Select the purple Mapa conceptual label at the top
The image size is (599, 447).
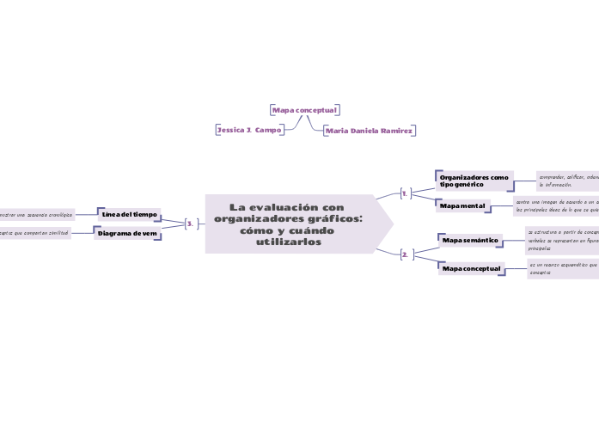[x=304, y=110]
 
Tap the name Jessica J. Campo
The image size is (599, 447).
[x=250, y=129]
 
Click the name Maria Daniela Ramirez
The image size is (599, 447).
[x=369, y=131]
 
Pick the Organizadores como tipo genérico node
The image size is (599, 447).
[x=474, y=181]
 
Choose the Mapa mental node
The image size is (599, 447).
[x=462, y=206]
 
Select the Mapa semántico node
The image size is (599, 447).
[x=469, y=240]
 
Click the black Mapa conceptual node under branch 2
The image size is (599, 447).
[x=470, y=269]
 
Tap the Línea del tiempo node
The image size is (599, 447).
[x=130, y=213]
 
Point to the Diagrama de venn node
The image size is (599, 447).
[x=127, y=233]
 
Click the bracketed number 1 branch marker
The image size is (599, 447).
[x=405, y=193]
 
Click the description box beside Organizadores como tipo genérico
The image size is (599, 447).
[x=567, y=181]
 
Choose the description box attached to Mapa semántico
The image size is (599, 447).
[x=563, y=241]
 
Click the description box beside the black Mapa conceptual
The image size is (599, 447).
[x=564, y=268]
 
